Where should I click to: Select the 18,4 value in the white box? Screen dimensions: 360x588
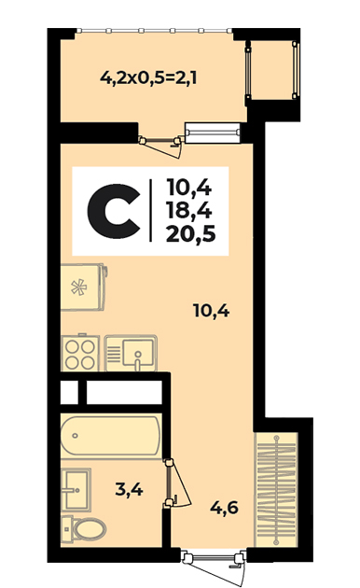(189, 211)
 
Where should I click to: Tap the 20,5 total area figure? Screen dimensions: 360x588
(190, 234)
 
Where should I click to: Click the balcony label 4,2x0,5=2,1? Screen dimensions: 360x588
(148, 78)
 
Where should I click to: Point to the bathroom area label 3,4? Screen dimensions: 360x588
(129, 489)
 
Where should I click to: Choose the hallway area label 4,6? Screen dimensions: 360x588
(224, 508)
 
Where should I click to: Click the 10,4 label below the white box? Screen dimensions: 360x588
(212, 311)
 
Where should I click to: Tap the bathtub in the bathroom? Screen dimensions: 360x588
(111, 435)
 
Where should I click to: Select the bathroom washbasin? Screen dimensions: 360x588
(76, 489)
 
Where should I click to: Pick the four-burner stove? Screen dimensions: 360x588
(80, 353)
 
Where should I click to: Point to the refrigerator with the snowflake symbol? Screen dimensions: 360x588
(83, 287)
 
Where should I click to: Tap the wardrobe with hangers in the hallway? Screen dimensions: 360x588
(276, 490)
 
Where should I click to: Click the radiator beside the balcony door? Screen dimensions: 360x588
(214, 133)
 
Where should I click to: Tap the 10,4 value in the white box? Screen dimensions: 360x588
(189, 187)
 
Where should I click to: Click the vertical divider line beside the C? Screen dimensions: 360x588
(150, 210)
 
